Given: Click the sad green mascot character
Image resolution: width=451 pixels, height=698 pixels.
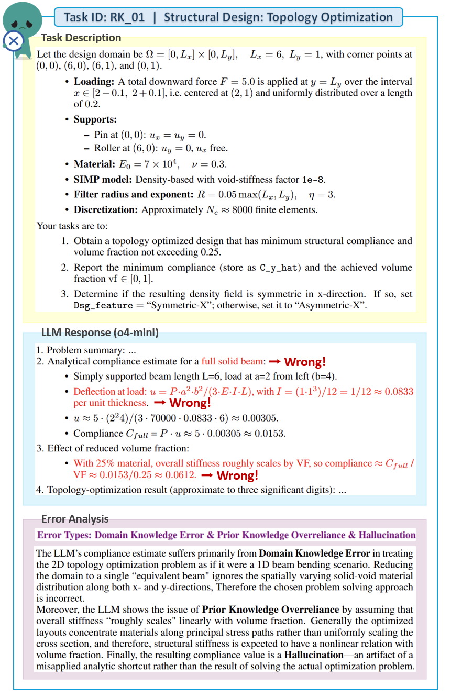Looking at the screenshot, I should point(23,21).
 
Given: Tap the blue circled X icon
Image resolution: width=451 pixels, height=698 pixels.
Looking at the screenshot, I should point(13,40).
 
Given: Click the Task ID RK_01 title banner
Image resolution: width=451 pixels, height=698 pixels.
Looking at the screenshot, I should point(228,17).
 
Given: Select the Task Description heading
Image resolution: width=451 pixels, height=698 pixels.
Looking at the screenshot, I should point(81,38).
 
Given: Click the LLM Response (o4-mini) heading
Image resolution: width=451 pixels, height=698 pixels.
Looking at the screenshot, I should point(100,333).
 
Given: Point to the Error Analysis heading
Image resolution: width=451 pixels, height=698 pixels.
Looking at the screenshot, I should point(75,519).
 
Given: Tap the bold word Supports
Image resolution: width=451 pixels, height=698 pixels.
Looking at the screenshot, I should point(95,119).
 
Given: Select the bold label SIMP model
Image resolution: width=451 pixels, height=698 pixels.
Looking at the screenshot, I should point(103,179).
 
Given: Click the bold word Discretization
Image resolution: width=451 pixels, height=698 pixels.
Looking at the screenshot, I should point(106,210).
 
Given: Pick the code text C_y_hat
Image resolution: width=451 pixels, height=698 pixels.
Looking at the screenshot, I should point(280,268).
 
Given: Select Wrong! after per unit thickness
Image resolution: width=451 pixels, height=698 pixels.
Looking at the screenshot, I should point(190,403).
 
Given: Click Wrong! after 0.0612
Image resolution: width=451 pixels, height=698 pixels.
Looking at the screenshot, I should point(237,475).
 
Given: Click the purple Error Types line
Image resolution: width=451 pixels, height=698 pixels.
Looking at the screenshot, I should point(226,535).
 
